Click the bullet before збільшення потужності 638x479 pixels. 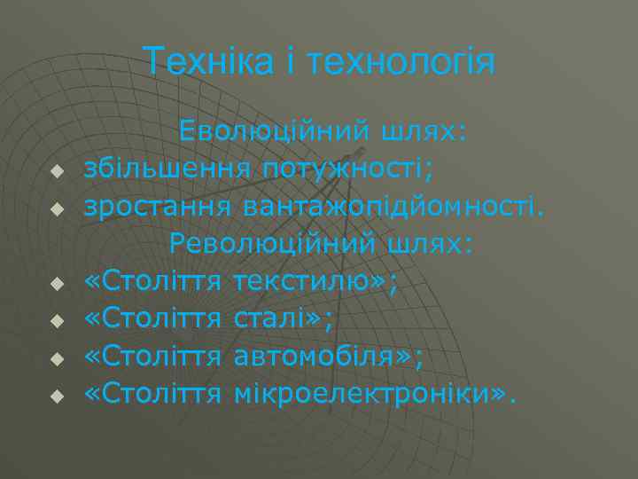[x=55, y=172]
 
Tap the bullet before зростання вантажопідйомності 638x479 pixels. [x=55, y=210]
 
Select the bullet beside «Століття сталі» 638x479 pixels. [x=55, y=322]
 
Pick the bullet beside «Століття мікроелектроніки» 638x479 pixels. [x=55, y=397]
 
